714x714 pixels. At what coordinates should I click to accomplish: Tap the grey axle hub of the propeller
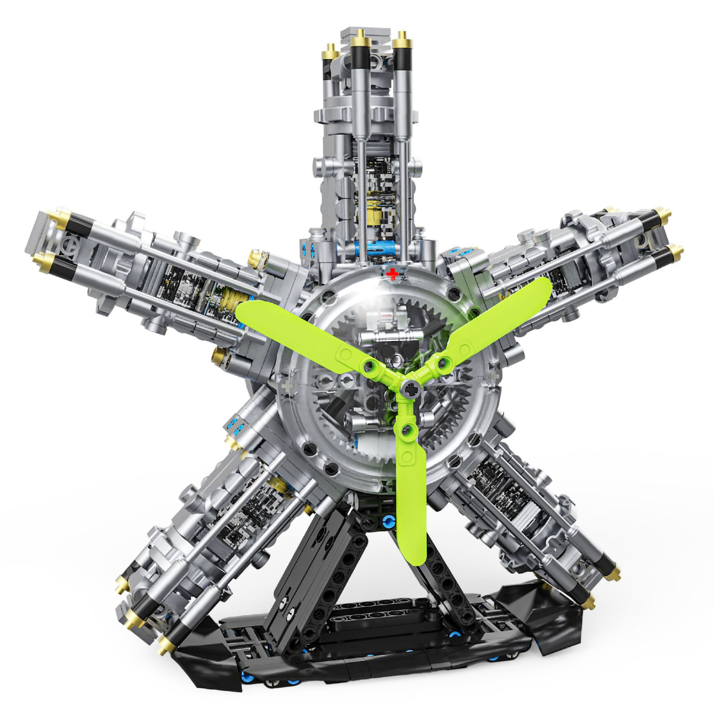pyautogui.click(x=411, y=389)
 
